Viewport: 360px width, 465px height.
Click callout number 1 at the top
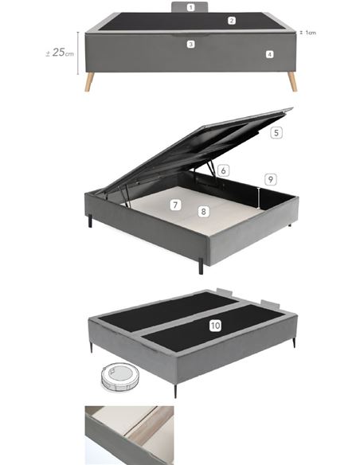[191, 7]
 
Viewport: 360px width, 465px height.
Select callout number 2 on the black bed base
[232, 21]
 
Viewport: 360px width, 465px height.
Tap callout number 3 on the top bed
[191, 44]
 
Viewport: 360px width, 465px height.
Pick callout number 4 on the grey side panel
[270, 54]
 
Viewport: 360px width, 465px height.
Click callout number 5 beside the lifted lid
[276, 133]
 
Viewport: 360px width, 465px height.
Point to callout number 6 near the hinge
[224, 170]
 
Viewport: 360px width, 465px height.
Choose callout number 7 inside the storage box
[174, 205]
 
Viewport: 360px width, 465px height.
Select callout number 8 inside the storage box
[204, 212]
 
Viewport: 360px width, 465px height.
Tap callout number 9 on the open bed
[270, 179]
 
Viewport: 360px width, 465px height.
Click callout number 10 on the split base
[215, 326]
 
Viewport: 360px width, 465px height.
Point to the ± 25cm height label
[60, 53]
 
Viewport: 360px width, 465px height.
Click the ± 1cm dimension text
[309, 33]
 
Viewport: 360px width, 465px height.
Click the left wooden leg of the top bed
[90, 81]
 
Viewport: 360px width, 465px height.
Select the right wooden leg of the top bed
[292, 81]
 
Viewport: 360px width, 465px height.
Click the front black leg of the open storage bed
[200, 265]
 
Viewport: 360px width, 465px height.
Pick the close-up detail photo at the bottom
[128, 435]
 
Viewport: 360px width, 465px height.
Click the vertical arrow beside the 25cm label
[78, 52]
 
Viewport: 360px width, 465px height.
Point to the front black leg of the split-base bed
[175, 391]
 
